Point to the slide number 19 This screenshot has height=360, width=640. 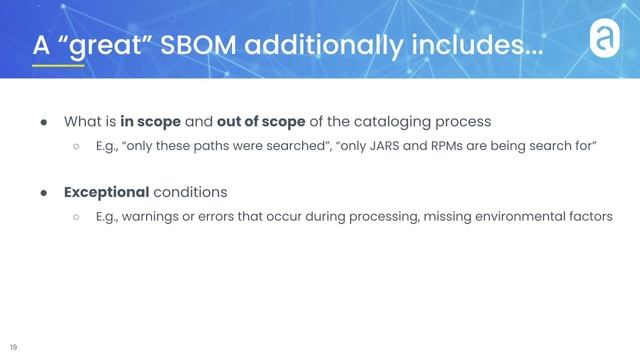tap(14, 347)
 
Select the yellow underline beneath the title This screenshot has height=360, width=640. tap(57, 66)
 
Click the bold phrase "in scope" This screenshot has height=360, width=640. tap(151, 122)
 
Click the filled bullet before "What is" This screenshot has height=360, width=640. tap(45, 122)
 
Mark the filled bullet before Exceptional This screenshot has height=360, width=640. tap(45, 191)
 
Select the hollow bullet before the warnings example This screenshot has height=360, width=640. tap(75, 216)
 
